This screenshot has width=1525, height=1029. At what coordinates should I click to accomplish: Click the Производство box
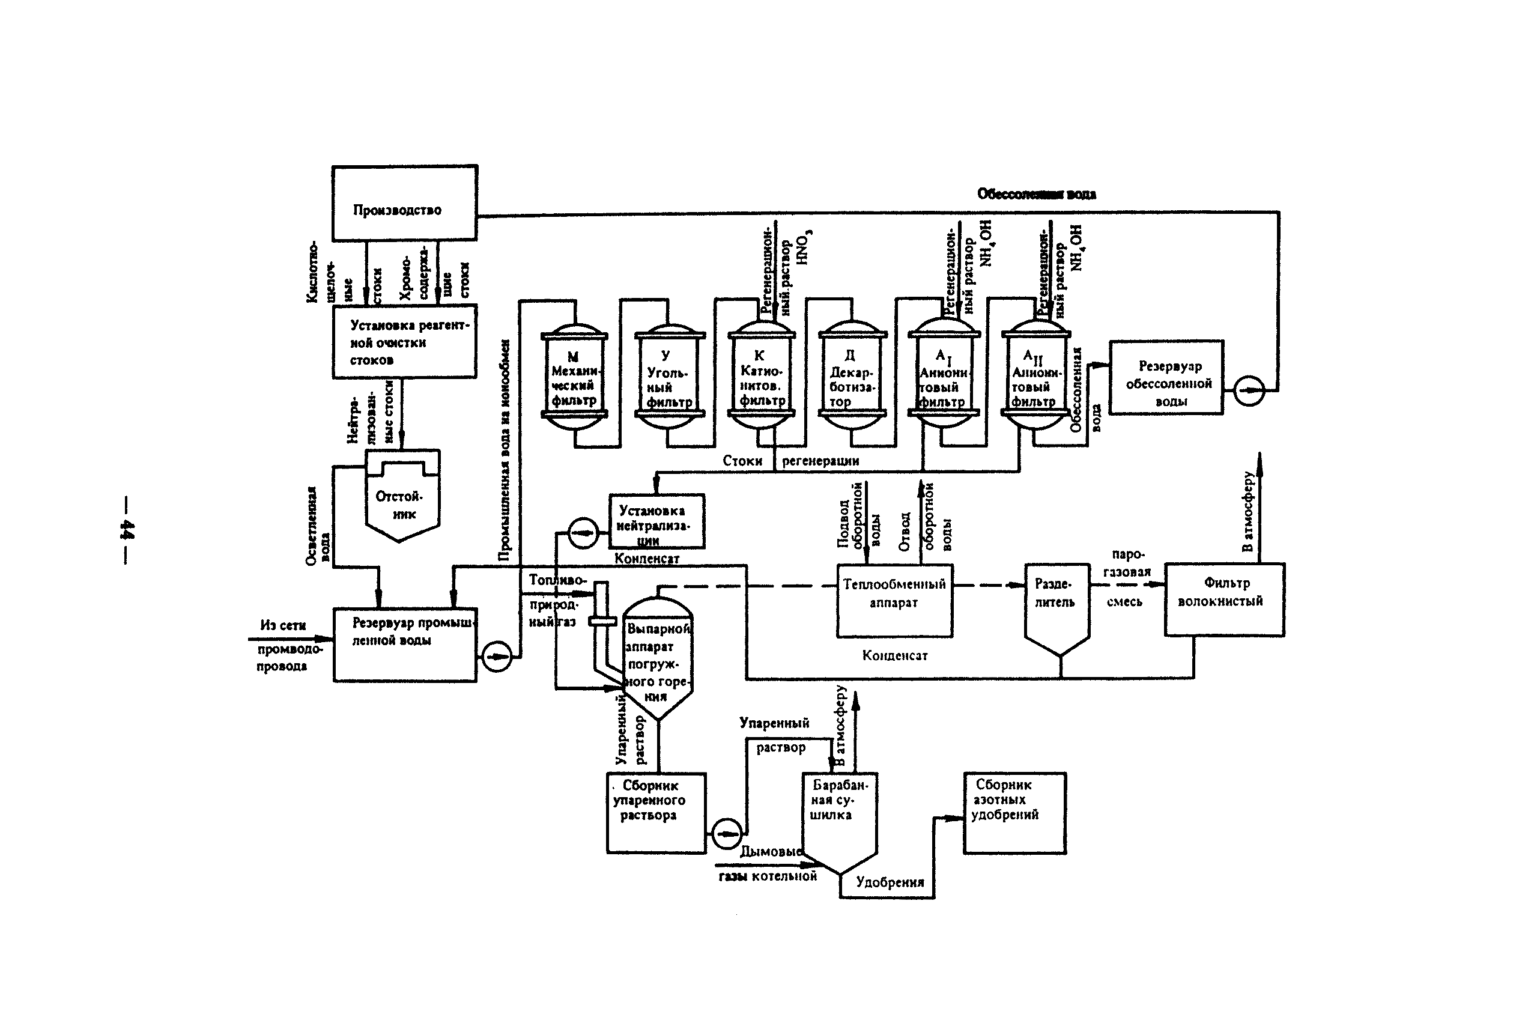[404, 203]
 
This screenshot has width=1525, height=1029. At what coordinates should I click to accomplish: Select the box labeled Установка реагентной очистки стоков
[404, 341]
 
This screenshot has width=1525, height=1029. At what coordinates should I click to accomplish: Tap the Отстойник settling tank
[402, 502]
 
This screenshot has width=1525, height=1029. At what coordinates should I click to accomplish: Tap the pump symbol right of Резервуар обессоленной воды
[1249, 391]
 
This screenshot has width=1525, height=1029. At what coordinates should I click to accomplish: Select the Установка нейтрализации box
[656, 522]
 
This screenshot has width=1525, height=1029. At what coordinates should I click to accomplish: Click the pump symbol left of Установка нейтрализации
[582, 532]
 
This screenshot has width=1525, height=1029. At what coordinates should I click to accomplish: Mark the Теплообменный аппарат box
[894, 600]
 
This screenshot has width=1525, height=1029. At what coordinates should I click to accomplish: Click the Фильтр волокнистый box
[1224, 599]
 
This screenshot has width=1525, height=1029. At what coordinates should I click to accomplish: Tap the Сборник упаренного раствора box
[655, 812]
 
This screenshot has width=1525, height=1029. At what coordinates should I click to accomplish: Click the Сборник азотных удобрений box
[1014, 812]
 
